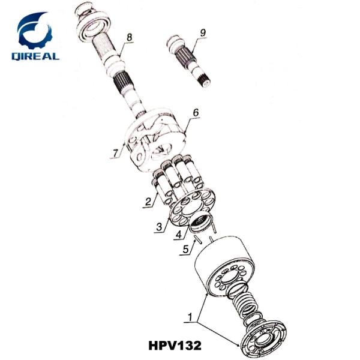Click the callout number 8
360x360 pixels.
pos(128,38)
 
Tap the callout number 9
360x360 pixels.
pos(202,32)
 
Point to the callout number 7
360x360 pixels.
pos(115,153)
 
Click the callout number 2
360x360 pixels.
pos(146,202)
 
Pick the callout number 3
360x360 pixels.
pos(158,226)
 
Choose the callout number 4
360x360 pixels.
pos(178,235)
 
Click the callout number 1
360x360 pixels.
pos(190,315)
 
